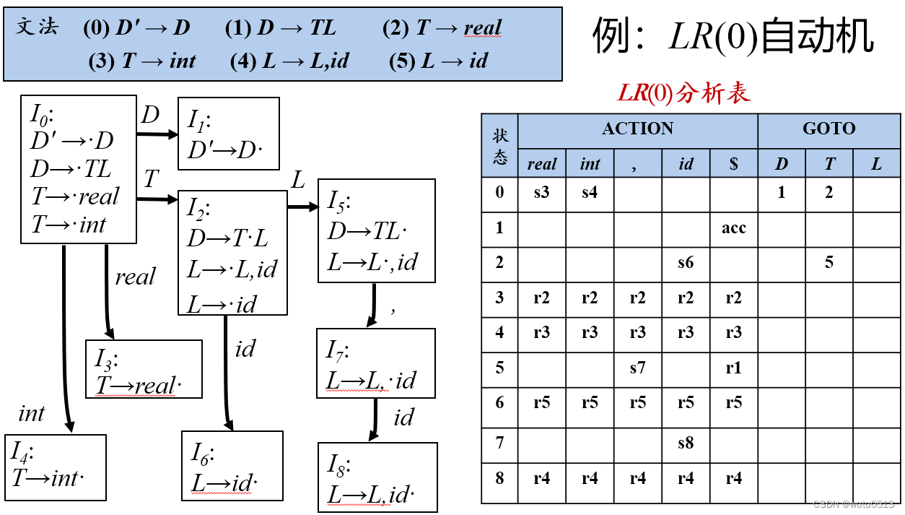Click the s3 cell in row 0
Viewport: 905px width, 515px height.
[x=542, y=194]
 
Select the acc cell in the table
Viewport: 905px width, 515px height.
[x=733, y=228]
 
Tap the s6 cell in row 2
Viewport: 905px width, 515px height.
[x=686, y=263]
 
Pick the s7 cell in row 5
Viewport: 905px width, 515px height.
[x=637, y=368]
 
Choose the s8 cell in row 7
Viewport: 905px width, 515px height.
[x=686, y=442]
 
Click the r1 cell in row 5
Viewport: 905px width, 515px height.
[x=733, y=368]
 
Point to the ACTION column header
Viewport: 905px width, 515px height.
[x=637, y=129]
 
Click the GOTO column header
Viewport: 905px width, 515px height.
[x=829, y=129]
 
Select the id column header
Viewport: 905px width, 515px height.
[x=686, y=164]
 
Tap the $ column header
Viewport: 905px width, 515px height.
[x=733, y=164]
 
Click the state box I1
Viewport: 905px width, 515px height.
[x=228, y=134]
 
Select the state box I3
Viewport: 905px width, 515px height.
[x=143, y=368]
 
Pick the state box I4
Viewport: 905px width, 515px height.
[x=55, y=467]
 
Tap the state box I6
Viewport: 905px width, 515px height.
[x=232, y=465]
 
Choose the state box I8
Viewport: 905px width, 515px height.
[x=377, y=477]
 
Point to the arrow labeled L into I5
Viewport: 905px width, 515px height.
[x=302, y=207]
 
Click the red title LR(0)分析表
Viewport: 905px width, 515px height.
[x=683, y=92]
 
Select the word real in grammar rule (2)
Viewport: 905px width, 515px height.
[x=482, y=29]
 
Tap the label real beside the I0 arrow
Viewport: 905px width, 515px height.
[x=135, y=277]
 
